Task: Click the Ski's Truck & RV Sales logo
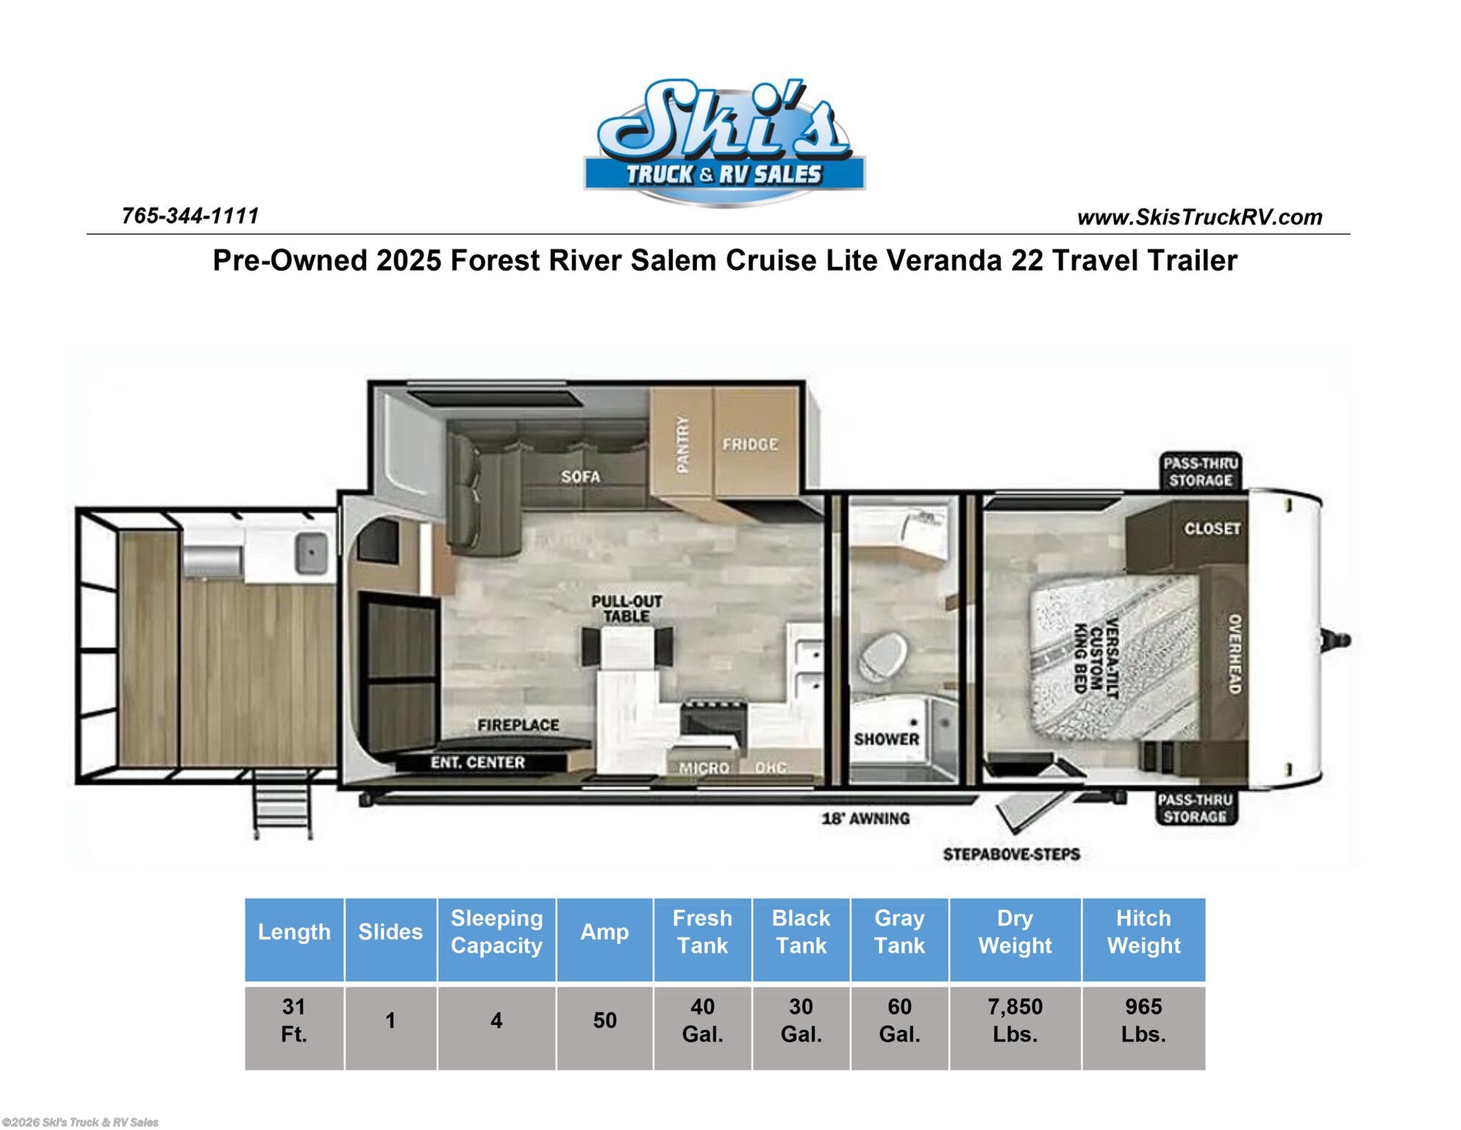click(724, 142)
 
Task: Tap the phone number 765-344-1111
click(190, 216)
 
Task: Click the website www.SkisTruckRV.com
click(1199, 218)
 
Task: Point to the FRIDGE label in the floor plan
click(749, 444)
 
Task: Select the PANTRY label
click(682, 444)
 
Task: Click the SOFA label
click(580, 477)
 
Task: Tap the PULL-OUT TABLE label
click(626, 609)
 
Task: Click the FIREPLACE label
click(518, 725)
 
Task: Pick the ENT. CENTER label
click(477, 763)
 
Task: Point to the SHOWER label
click(886, 739)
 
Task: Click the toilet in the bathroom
click(882, 655)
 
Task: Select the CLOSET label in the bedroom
click(1212, 529)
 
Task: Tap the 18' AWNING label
click(865, 818)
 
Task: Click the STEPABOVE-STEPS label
click(1011, 854)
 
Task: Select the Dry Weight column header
click(1015, 932)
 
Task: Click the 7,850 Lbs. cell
click(1015, 1020)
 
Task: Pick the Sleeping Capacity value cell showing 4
click(496, 1020)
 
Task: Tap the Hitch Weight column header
click(1143, 932)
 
